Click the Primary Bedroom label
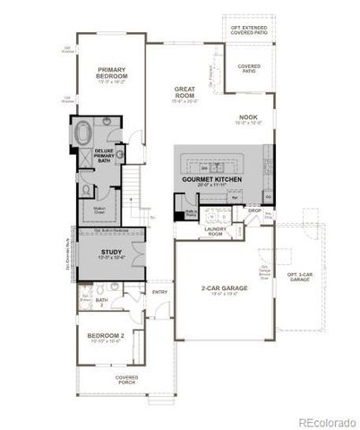click(x=112, y=74)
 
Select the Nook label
click(x=248, y=118)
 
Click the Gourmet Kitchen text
click(x=213, y=179)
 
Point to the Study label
click(x=112, y=254)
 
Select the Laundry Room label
click(x=215, y=231)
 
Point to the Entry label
click(x=159, y=291)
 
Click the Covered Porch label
click(x=127, y=380)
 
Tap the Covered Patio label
click(x=249, y=68)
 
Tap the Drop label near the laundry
click(x=255, y=211)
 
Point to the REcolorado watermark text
click(x=326, y=422)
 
